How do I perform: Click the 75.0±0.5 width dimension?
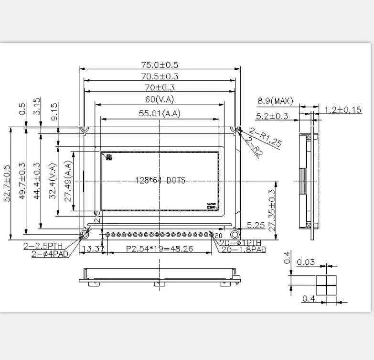160,65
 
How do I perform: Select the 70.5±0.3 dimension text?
160,76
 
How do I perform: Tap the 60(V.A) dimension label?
160,99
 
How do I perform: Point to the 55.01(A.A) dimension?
160,114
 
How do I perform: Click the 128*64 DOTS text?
160,180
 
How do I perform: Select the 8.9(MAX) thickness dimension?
275,101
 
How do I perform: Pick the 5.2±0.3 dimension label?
272,116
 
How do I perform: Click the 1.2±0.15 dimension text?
343,110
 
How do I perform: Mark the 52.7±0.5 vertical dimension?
7,184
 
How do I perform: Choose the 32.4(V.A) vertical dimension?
53,181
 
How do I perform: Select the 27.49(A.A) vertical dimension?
68,181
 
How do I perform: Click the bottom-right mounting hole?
235,235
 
